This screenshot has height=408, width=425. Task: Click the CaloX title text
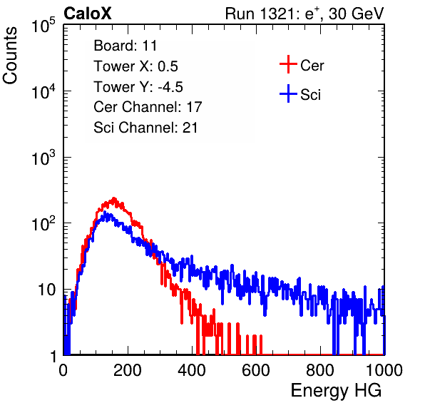coord(88,14)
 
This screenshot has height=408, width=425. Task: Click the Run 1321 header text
coord(304,14)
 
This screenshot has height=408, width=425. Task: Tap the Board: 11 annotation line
coord(126,46)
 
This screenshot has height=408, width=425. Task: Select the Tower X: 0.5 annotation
coord(135,66)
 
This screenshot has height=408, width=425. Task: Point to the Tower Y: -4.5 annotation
coord(138,87)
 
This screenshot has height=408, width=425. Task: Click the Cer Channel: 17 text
coord(148,107)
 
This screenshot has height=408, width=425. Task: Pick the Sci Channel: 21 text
coord(145,128)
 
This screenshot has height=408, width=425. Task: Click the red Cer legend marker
coord(288,64)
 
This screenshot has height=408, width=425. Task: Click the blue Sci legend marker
coord(288,94)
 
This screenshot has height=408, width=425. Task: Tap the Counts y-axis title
coord(10,55)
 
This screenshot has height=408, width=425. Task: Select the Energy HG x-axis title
coord(336,391)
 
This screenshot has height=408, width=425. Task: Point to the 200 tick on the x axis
coord(128,370)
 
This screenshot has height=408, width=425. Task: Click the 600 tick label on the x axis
coord(256,370)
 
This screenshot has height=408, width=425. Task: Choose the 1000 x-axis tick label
coord(384,370)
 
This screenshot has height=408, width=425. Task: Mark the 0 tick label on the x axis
coord(63,370)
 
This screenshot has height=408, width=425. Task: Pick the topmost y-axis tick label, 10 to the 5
coord(43,26)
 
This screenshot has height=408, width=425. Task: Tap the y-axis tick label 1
coord(53,356)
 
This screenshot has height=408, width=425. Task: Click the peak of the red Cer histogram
coord(114,198)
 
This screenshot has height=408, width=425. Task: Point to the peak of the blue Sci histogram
coord(105,212)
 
